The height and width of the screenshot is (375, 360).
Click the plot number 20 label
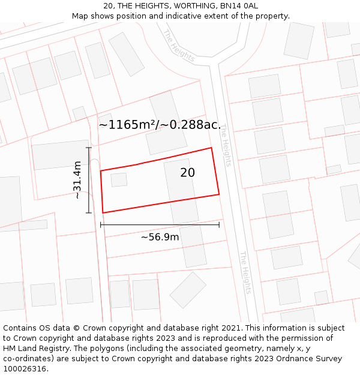187,173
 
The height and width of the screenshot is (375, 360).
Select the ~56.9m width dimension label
160,237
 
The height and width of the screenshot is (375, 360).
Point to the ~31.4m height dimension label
77,180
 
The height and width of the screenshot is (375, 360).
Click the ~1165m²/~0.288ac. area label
160,125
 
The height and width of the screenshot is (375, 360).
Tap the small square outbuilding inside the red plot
119,179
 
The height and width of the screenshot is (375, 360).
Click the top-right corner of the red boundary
211,148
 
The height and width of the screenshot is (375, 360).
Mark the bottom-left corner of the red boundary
103,212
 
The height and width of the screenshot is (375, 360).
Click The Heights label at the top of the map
179,45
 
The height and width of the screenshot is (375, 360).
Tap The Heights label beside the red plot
225,145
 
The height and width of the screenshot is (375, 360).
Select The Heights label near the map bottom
245,272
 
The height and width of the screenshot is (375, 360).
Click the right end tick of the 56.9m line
219,224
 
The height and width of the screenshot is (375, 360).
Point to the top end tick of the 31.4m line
89,148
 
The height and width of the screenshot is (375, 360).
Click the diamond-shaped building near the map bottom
188,290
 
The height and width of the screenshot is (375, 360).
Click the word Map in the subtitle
80,16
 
